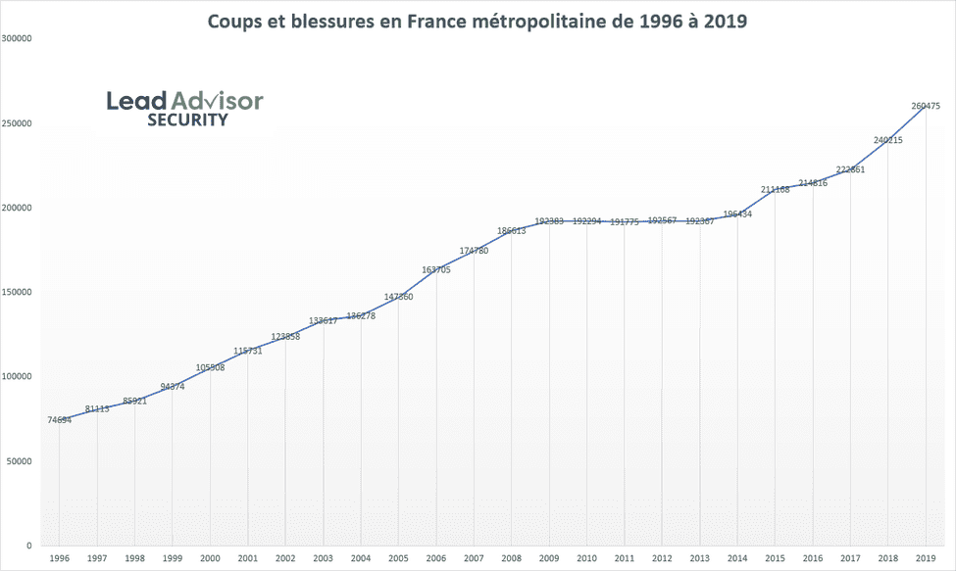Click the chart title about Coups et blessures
click(477, 21)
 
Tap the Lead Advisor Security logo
click(185, 108)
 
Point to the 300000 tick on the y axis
click(17, 39)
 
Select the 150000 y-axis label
click(17, 292)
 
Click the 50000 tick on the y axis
click(20, 460)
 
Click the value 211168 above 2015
click(776, 189)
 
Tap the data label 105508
click(211, 367)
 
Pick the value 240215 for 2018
click(888, 140)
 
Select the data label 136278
click(361, 315)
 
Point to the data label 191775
click(625, 222)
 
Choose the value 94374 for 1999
click(173, 386)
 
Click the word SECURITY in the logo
click(187, 120)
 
